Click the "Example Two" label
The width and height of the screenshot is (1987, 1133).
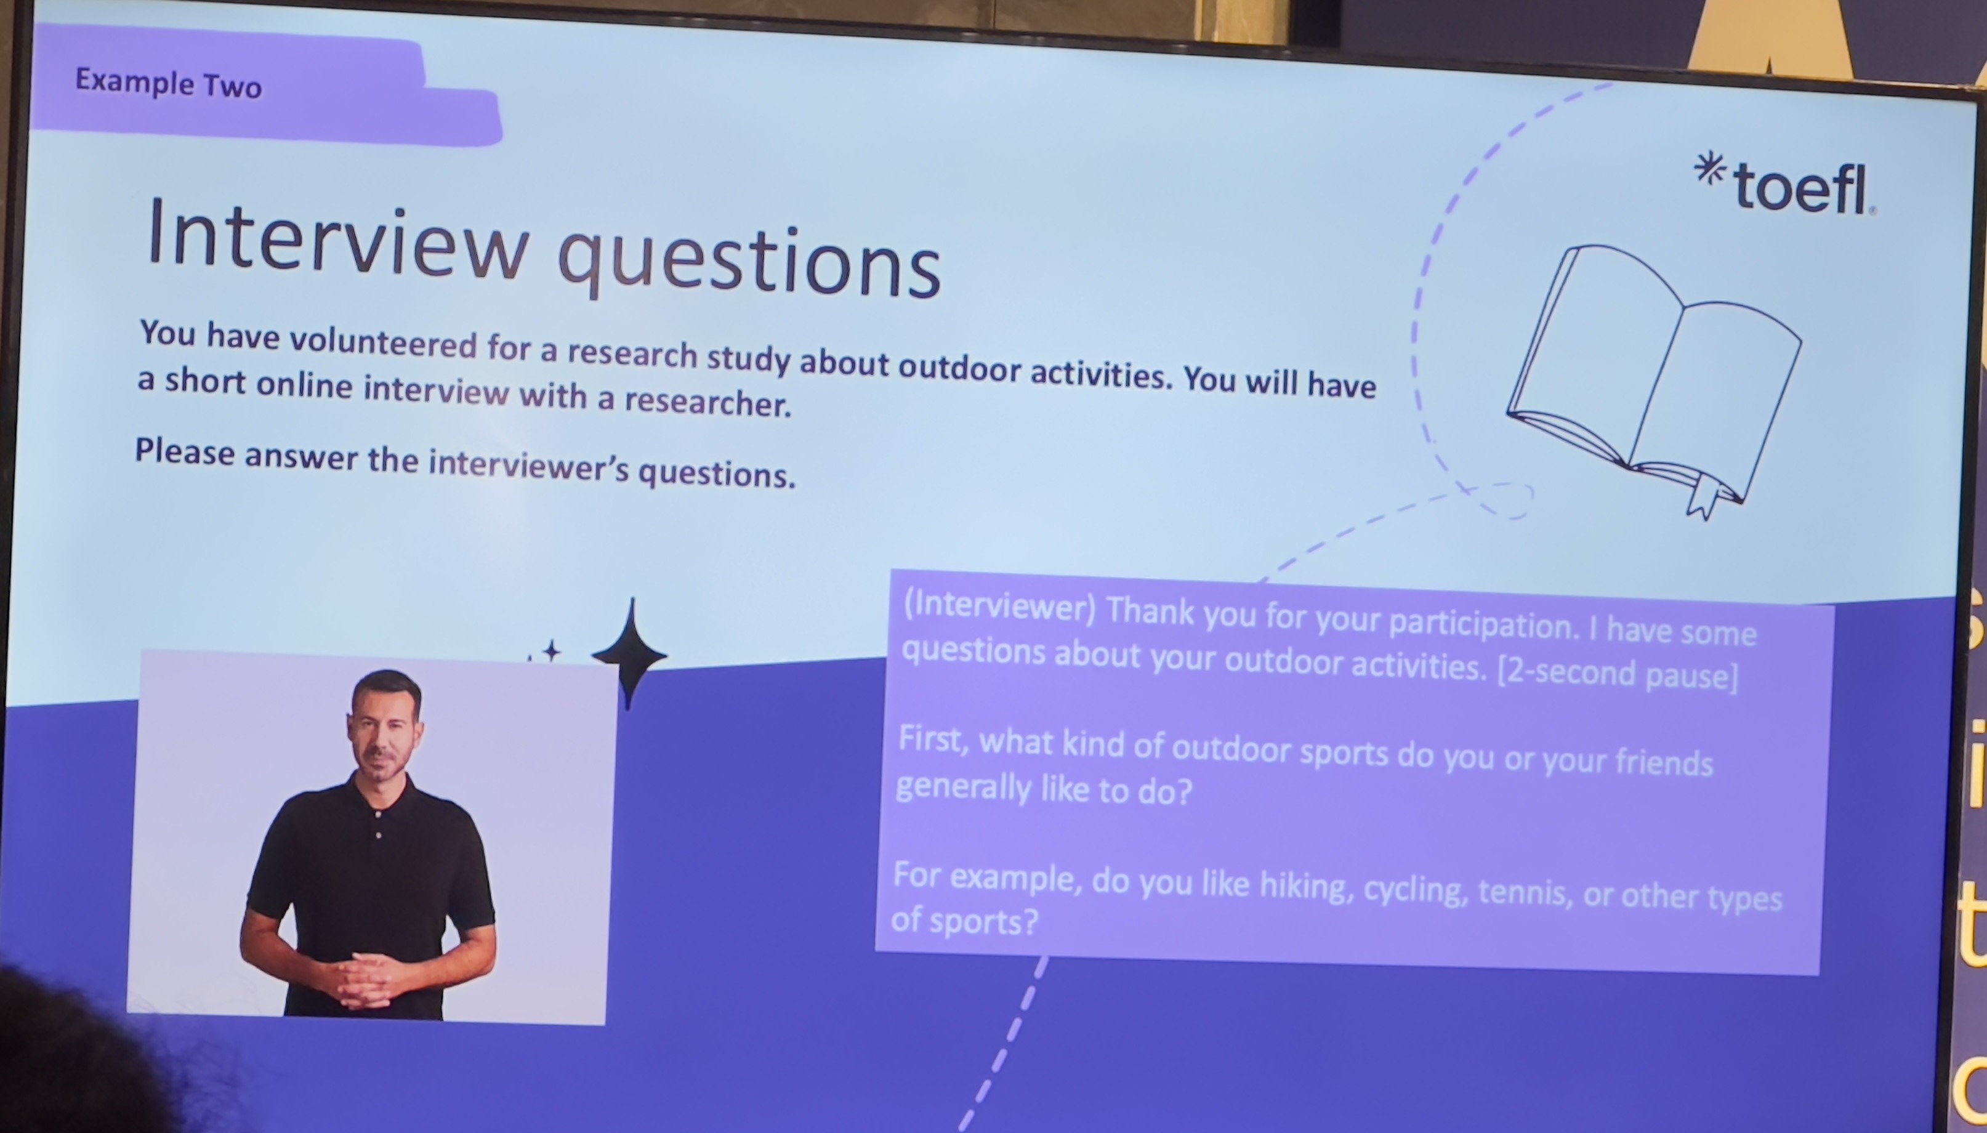point(168,83)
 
